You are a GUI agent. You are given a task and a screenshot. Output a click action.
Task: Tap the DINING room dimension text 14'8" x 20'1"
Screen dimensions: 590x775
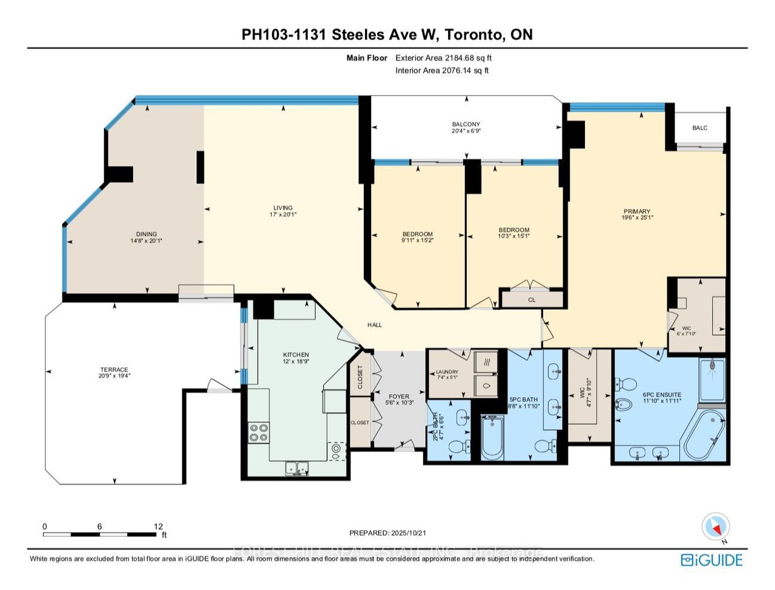pos(147,241)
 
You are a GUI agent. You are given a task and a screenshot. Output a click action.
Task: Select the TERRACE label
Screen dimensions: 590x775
pos(114,369)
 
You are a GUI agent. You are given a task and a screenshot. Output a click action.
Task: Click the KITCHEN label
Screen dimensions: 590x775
pos(296,355)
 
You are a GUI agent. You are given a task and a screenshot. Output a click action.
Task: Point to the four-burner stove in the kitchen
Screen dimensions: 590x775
pos(259,432)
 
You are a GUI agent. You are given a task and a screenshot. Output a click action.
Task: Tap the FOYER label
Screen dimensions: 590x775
pos(399,396)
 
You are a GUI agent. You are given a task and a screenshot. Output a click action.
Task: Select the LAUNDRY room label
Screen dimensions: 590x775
pos(447,372)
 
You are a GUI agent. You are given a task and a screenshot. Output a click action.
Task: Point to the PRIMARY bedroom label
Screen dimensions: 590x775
pos(636,211)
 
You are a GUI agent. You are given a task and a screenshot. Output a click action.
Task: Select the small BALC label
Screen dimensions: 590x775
pos(699,128)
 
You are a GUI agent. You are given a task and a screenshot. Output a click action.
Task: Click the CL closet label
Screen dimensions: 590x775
pos(532,300)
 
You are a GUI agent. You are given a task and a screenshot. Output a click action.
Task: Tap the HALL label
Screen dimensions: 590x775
pos(375,325)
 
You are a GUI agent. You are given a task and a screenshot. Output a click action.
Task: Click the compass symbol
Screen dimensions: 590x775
pos(714,526)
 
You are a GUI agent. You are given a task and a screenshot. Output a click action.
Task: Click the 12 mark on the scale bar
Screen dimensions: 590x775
pos(159,526)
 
